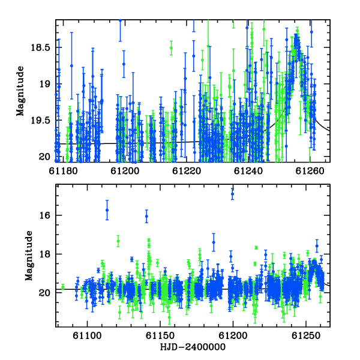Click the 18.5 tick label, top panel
pyautogui.click(x=40, y=47)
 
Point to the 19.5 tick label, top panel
pyautogui.click(x=40, y=120)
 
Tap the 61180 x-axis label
pyautogui.click(x=63, y=171)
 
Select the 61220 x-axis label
pyautogui.click(x=187, y=171)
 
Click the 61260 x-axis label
pyautogui.click(x=310, y=171)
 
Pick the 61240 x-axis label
pyautogui.click(x=248, y=171)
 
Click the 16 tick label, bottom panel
pyautogui.click(x=44, y=215)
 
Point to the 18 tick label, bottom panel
pyautogui.click(x=44, y=254)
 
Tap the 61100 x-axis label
pyautogui.click(x=87, y=335)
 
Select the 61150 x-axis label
pyautogui.click(x=160, y=335)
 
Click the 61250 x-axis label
pyautogui.click(x=306, y=335)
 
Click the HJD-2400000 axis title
pyautogui.click(x=193, y=347)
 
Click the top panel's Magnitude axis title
pyautogui.click(x=20, y=91)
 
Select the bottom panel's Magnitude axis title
pyautogui.click(x=29, y=256)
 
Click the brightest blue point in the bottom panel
pyautogui.click(x=233, y=194)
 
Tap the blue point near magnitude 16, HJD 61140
pyautogui.click(x=147, y=216)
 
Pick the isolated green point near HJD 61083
pyautogui.click(x=62, y=287)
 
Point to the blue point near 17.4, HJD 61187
pyautogui.click(x=214, y=242)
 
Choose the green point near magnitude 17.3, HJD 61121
pyautogui.click(x=118, y=241)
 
